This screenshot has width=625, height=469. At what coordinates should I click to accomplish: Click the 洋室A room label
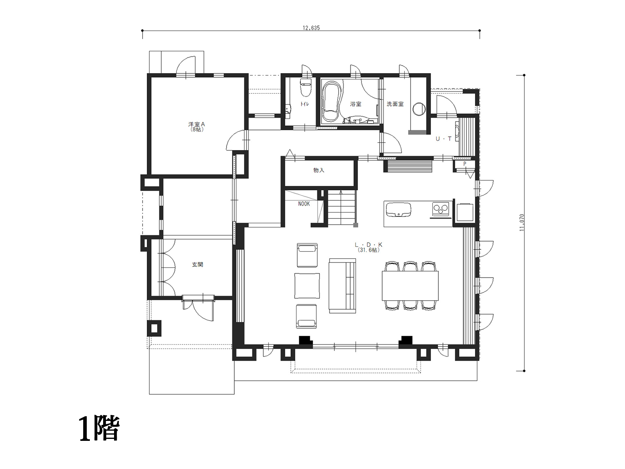pos(196,124)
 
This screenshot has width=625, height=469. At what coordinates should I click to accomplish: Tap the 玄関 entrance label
pos(197,265)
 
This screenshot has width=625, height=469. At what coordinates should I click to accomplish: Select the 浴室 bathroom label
pos(355,104)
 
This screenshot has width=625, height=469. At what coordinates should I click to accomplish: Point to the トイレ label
pos(304,104)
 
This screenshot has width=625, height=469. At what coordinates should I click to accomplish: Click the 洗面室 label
pos(395,104)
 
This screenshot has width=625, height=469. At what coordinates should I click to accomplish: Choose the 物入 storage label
pos(319,170)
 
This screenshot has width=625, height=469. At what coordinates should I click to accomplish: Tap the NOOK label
pos(304,204)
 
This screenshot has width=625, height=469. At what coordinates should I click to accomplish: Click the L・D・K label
pos(368,245)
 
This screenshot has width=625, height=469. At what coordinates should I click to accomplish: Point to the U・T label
pos(444,139)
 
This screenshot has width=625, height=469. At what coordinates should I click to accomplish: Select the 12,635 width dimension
pos(311,28)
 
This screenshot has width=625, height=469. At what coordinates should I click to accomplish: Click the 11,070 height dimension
pos(521,222)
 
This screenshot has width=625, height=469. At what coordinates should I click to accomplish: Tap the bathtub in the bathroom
pos(331,102)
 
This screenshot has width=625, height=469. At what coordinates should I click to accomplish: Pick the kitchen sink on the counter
pos(398,210)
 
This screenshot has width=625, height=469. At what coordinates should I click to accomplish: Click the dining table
pos(410,286)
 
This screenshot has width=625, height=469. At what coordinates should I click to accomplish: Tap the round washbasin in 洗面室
pos(419,109)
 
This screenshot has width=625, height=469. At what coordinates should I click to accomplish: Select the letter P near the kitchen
pos(465,164)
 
